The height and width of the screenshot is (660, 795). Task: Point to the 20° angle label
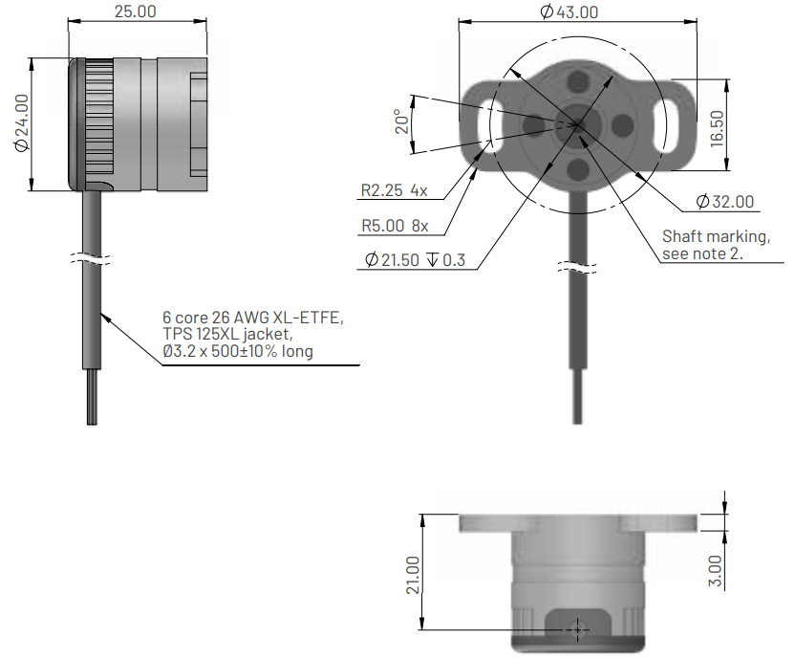pos(403,122)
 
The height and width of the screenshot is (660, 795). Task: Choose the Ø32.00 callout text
pos(724,202)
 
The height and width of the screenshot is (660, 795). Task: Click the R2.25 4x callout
pos(394,190)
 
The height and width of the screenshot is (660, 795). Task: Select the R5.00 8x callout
pos(395,227)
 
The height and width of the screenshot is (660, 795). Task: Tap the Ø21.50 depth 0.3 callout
pos(415,260)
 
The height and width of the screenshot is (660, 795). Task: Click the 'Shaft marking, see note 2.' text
pos(716,245)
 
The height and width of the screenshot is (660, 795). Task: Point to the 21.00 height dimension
pos(413,574)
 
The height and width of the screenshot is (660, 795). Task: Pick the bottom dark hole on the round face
pos(577,169)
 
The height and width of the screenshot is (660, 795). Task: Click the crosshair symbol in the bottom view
pos(576,628)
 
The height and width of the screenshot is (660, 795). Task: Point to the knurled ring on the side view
pos(99,123)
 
